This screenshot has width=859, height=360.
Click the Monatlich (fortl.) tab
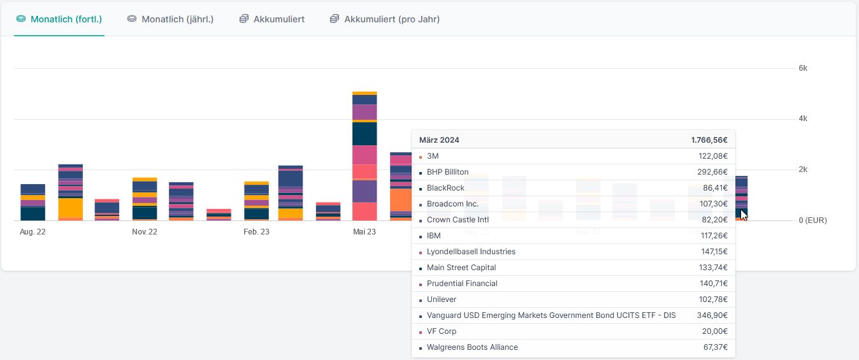click(66, 19)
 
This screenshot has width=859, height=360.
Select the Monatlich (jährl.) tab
click(177, 19)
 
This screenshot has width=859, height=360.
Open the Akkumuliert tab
click(278, 19)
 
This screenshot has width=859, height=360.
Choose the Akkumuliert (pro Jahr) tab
click(391, 19)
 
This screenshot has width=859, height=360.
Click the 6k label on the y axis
click(803, 68)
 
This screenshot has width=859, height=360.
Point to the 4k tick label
click(803, 119)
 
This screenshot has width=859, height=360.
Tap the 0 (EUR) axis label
click(812, 220)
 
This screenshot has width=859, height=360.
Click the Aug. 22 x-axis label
click(32, 232)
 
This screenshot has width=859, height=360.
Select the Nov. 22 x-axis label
click(145, 232)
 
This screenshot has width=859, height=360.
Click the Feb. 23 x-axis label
click(256, 232)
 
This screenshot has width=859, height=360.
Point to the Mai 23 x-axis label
click(365, 232)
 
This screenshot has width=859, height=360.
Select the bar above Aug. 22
click(32, 203)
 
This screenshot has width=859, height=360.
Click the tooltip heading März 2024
click(439, 140)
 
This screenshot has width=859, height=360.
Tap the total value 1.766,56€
click(709, 140)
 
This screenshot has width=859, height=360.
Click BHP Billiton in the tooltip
click(447, 172)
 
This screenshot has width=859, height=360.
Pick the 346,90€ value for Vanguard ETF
click(713, 315)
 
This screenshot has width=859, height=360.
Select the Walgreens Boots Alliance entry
click(472, 347)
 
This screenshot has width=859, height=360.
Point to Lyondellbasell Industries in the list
click(471, 252)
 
